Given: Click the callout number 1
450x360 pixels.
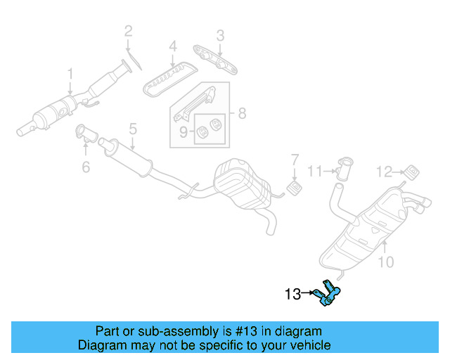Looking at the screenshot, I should pyautogui.click(x=70, y=73).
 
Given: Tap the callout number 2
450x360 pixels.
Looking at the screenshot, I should pyautogui.click(x=128, y=30).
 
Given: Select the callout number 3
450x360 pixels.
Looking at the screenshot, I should pyautogui.click(x=220, y=34).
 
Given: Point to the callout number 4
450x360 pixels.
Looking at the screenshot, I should pyautogui.click(x=172, y=48).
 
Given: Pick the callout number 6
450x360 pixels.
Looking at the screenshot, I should pyautogui.click(x=86, y=167).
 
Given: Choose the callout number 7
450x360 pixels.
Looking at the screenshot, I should pyautogui.click(x=295, y=159).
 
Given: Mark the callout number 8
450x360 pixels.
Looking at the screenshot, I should pyautogui.click(x=241, y=112).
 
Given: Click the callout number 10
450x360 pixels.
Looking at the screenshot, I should pyautogui.click(x=386, y=263).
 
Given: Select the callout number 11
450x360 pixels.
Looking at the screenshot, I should pyautogui.click(x=314, y=170).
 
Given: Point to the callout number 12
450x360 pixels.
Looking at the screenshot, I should pyautogui.click(x=383, y=170).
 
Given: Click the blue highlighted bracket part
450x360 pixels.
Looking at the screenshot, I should pyautogui.click(x=328, y=295).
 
